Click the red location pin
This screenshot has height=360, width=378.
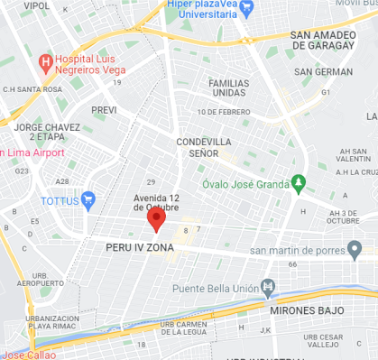156,219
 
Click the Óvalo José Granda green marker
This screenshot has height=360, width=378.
299,184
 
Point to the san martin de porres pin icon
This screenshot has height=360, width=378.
355,249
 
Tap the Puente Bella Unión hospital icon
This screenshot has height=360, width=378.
268,289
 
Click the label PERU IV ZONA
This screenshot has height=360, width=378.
139,245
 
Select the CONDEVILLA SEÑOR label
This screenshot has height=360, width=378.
204,148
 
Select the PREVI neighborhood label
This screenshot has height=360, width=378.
106,109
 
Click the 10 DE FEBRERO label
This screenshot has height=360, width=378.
223,112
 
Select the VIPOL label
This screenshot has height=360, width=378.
37,5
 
